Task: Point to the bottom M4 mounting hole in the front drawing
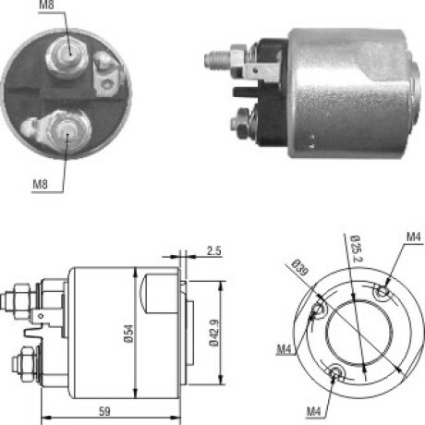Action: pos(337,372)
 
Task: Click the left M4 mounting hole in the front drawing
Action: pos(320,310)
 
